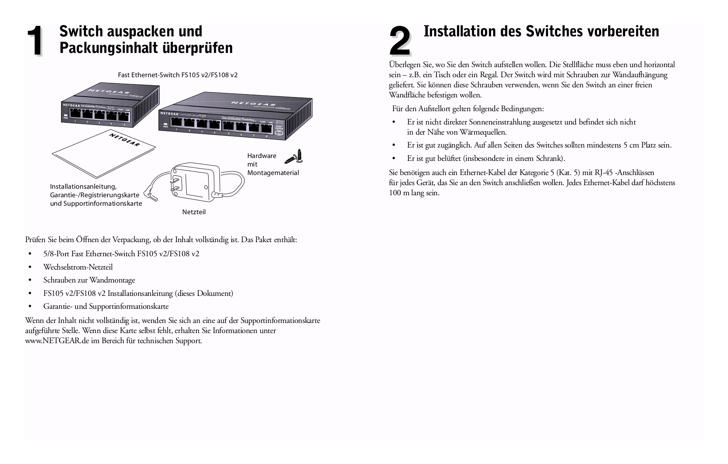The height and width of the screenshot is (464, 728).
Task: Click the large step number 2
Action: coord(399,42)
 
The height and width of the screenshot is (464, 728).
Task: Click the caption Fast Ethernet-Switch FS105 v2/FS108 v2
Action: coord(177,75)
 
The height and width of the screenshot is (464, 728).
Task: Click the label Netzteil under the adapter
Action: coord(194,212)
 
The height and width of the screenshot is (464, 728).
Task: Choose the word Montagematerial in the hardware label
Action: coord(273,173)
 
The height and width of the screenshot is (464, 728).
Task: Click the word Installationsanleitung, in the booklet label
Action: coord(83,187)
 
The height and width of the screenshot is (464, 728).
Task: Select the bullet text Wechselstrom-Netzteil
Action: coord(78,267)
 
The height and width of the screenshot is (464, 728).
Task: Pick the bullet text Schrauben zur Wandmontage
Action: coord(89,280)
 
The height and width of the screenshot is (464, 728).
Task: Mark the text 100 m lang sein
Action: coord(414,193)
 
